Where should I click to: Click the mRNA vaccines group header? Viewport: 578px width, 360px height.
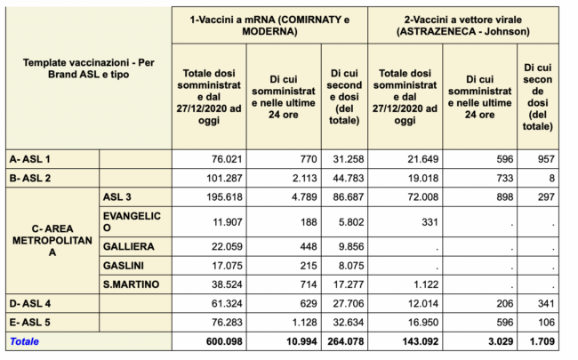[x=269, y=26]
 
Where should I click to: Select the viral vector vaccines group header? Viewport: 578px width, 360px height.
[x=463, y=26]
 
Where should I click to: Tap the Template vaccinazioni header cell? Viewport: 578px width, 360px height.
[x=88, y=68]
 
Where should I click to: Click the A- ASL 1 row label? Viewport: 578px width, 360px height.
[x=30, y=159]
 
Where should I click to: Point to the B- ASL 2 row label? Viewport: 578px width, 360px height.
[x=30, y=178]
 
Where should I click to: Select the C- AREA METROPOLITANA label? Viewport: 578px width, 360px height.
[x=52, y=240]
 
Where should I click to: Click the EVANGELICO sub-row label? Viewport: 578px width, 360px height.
[x=132, y=222]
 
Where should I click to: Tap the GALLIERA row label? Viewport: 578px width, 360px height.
[x=128, y=246]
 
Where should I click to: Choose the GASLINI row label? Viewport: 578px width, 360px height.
[x=123, y=265]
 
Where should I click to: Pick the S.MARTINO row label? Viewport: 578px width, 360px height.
[x=131, y=284]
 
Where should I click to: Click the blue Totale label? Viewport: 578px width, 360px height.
[x=24, y=341]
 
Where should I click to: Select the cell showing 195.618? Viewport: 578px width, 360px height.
[x=224, y=197]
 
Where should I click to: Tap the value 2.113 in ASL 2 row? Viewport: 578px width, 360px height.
[x=304, y=179]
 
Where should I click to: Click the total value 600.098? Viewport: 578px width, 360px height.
[x=224, y=341]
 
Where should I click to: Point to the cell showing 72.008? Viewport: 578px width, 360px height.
[x=423, y=197]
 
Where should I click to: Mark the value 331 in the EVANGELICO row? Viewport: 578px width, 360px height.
[x=429, y=222]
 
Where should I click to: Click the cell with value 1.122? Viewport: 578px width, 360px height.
[x=426, y=284]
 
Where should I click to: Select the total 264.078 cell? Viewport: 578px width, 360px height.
[x=345, y=341]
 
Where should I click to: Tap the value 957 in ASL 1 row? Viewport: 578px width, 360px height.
[x=546, y=159]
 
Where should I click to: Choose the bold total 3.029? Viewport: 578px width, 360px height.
[x=501, y=341]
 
